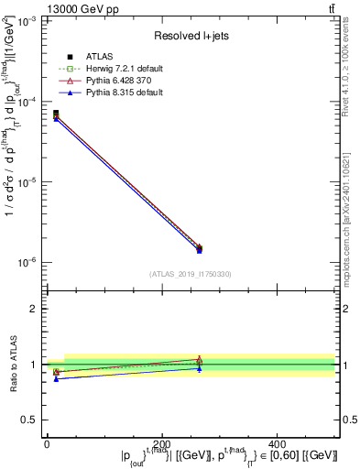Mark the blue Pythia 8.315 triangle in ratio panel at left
point(56,378)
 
